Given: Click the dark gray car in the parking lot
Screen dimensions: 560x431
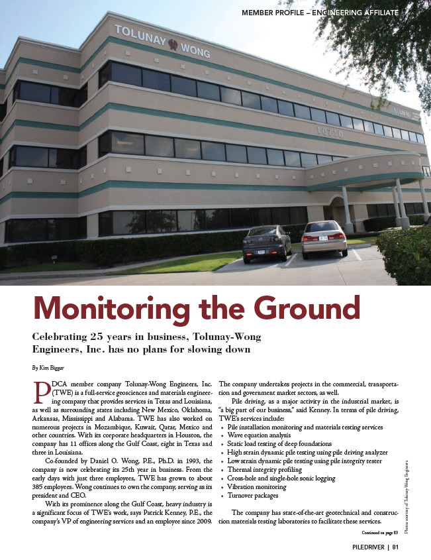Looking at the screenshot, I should (x=267, y=244).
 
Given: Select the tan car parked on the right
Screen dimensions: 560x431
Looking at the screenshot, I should (x=324, y=239).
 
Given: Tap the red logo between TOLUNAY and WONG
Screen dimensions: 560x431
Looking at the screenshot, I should (x=173, y=46).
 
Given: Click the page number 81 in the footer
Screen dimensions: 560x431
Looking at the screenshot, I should (x=395, y=547).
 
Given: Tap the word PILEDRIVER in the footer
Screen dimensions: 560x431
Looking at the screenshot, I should (x=363, y=547).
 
